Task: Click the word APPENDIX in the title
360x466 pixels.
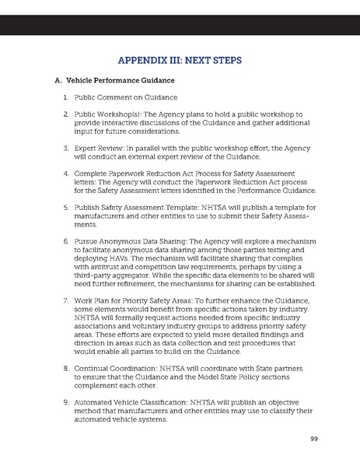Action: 142,58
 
